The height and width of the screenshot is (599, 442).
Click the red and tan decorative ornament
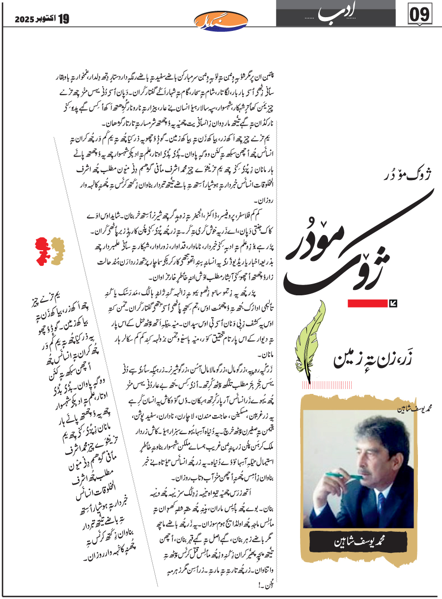(50, 252)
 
